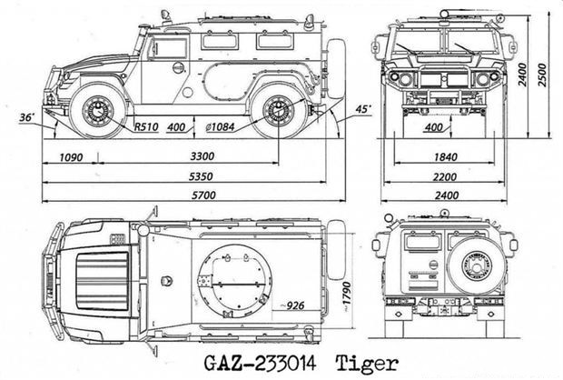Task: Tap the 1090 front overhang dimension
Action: click(x=71, y=156)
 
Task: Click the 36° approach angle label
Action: click(x=27, y=117)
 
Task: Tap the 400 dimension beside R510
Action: click(x=179, y=126)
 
